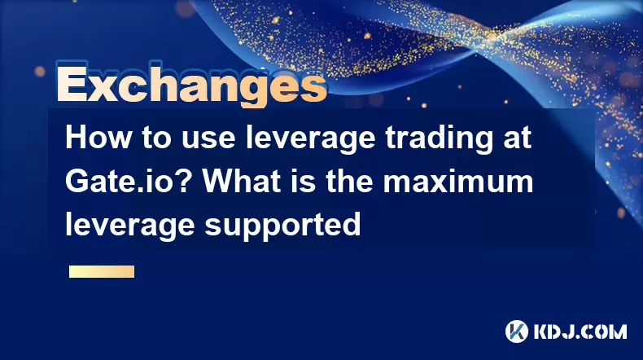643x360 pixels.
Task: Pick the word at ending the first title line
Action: click(517, 138)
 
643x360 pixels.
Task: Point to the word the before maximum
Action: click(349, 181)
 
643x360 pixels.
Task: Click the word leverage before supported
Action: click(130, 225)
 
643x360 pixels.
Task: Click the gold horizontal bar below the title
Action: click(102, 272)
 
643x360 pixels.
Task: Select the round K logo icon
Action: click(517, 331)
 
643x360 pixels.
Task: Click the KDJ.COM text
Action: click(580, 331)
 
